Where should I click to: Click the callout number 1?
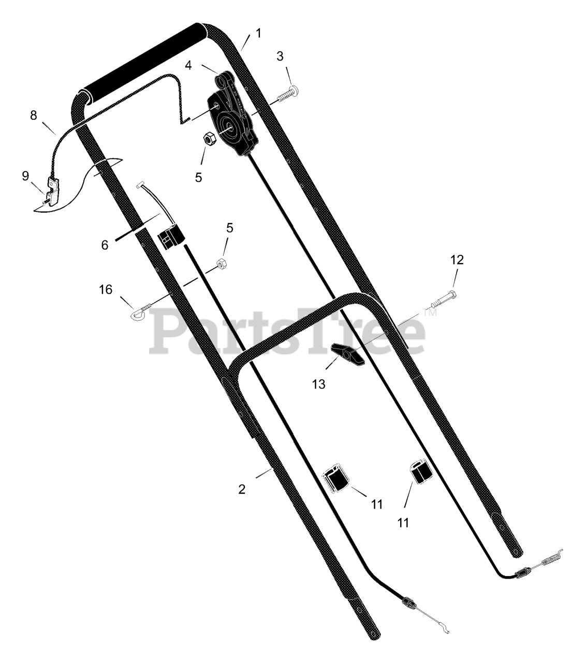pos(259,33)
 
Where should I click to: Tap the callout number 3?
pos(280,56)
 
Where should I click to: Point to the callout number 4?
pos(188,65)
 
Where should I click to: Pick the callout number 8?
pos(33,116)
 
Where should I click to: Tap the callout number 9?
pos(25,176)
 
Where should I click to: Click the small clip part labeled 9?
pos(53,192)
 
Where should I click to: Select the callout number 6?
pos(105,245)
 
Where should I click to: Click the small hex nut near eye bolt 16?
pos(222,263)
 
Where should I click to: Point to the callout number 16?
pos(106,290)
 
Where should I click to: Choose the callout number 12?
pos(457,260)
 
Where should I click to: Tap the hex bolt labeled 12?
pos(444,299)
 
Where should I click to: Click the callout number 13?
pos(319,384)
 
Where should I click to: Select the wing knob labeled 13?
pos(348,354)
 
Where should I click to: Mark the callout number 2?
pos(242,489)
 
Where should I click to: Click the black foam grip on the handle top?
pos(145,63)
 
